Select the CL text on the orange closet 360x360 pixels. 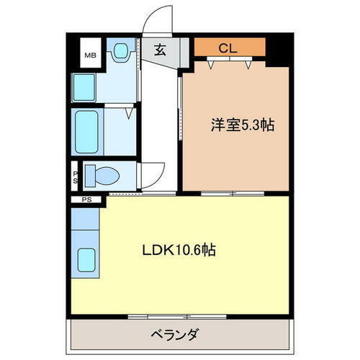click(x=228, y=49)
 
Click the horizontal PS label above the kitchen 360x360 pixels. click(x=86, y=199)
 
